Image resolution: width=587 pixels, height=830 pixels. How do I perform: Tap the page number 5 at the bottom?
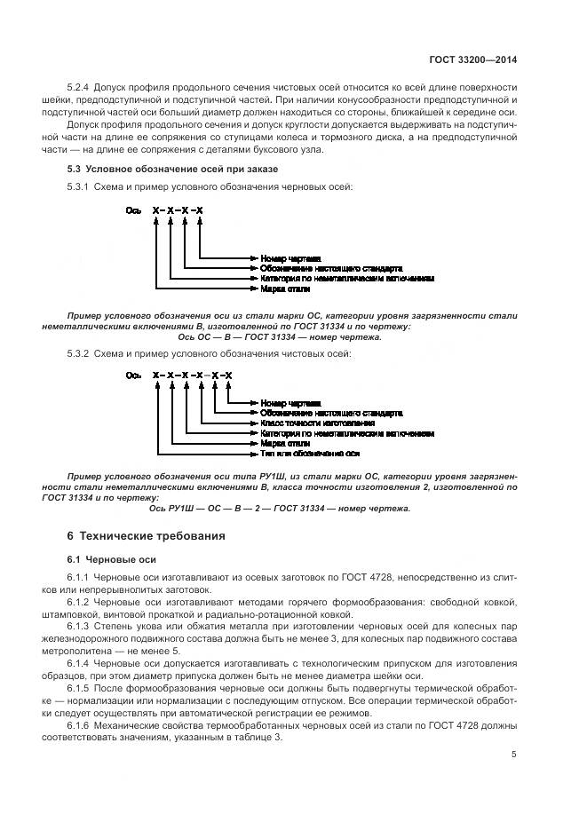[x=514, y=755]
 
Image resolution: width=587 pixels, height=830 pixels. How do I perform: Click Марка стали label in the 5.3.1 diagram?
[x=285, y=289]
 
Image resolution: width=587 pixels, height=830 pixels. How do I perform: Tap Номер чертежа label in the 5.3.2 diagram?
[x=290, y=403]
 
